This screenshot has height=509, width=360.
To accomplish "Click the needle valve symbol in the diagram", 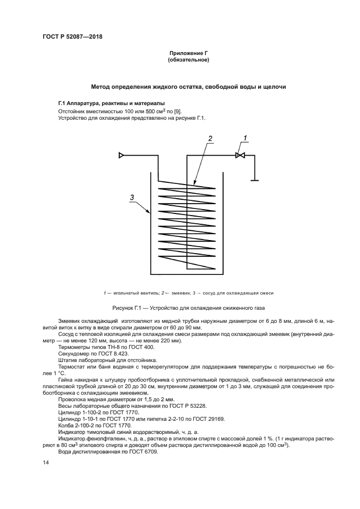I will pos(240,156).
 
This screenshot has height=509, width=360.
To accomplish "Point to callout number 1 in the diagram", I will pos(245,138).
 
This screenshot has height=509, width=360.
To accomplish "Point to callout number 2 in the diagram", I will pos(211,138).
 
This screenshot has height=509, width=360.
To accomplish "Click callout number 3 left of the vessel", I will pos(132,197).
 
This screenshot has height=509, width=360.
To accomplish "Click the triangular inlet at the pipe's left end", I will pos(121,156).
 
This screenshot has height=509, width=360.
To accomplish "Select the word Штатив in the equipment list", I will pos(68,360).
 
